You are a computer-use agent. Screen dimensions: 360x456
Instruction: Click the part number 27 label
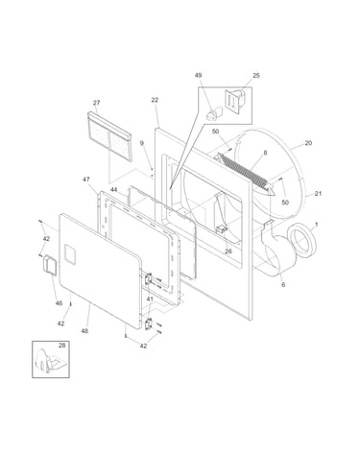pos(96,103)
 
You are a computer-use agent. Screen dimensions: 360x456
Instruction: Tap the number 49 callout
pos(198,75)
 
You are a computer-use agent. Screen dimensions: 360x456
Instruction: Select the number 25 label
pos(256,76)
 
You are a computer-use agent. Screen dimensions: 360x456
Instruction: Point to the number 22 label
pos(155,100)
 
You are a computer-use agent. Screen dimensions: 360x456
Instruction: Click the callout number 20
pos(308,143)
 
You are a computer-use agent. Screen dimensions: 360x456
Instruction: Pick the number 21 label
pos(318,194)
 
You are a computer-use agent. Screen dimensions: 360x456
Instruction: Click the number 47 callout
pos(86,180)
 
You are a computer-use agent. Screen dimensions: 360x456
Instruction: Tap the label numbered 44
pos(114,190)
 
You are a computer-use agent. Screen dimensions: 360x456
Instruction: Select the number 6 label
pos(283,284)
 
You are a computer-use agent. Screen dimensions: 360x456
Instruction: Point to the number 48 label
pos(84,331)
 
